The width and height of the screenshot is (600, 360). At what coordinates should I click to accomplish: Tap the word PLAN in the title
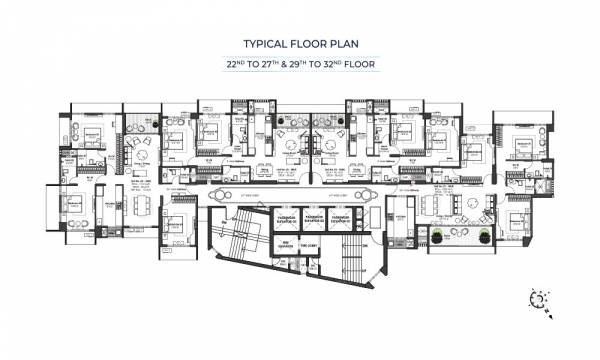[x=342, y=44]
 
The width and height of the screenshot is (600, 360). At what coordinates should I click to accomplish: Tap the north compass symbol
[x=542, y=298]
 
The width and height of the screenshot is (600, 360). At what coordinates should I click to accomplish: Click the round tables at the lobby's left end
[x=222, y=196]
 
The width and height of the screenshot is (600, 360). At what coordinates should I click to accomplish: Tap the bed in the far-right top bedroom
[x=523, y=145]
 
